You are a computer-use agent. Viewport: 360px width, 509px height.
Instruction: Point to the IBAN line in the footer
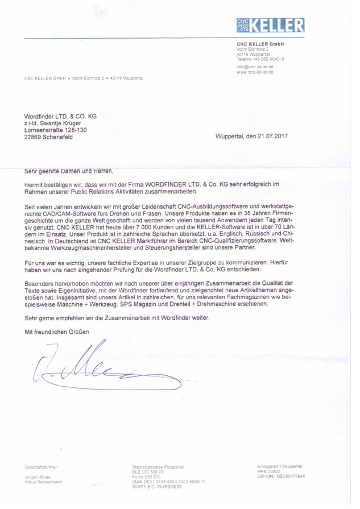coord(168,482)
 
